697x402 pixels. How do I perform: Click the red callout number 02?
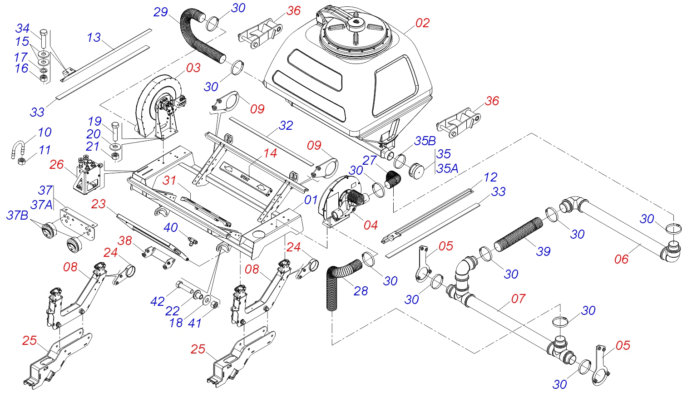click(x=422, y=23)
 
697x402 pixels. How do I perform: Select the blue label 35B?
click(x=425, y=141)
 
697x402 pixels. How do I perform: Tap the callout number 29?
click(x=161, y=12)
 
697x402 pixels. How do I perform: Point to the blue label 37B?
click(x=17, y=216)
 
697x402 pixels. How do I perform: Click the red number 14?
click(x=270, y=153)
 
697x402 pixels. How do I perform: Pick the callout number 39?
click(x=543, y=251)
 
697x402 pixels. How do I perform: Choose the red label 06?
click(x=621, y=259)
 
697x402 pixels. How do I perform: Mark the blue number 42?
click(x=157, y=301)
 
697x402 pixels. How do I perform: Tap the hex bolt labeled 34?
click(x=44, y=39)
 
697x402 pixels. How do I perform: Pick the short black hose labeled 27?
click(x=393, y=180)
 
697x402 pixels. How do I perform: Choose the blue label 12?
click(x=490, y=177)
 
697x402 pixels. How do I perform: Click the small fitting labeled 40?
click(x=193, y=240)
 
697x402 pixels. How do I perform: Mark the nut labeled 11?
click(x=21, y=161)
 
